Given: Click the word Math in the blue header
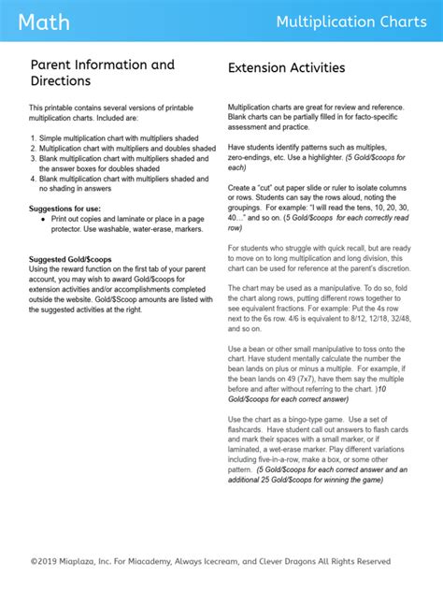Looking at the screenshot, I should [x=43, y=22].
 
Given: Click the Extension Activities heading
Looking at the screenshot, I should [x=286, y=68].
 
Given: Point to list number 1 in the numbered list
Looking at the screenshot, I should [x=33, y=137].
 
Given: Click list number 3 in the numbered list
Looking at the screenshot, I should [x=33, y=158].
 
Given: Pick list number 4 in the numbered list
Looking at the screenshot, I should [x=33, y=179].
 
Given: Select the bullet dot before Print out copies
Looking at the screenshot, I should [x=44, y=218].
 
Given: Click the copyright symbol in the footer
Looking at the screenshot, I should [x=34, y=561].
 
